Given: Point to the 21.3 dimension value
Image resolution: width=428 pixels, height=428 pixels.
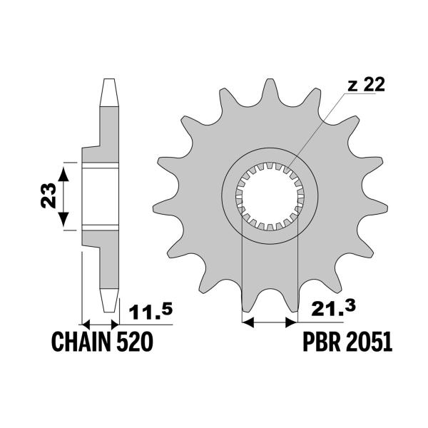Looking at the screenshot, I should click(329, 311).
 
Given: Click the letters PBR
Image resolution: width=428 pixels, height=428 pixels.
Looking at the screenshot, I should click(319, 344).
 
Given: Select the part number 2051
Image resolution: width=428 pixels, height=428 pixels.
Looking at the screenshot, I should click(368, 344).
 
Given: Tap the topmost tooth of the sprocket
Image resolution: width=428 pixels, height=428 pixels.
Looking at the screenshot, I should click(270, 87).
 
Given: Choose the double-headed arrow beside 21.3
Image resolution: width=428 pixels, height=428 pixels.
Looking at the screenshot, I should click(270, 322).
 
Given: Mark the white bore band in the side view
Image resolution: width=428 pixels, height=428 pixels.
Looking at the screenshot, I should click(100, 197).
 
